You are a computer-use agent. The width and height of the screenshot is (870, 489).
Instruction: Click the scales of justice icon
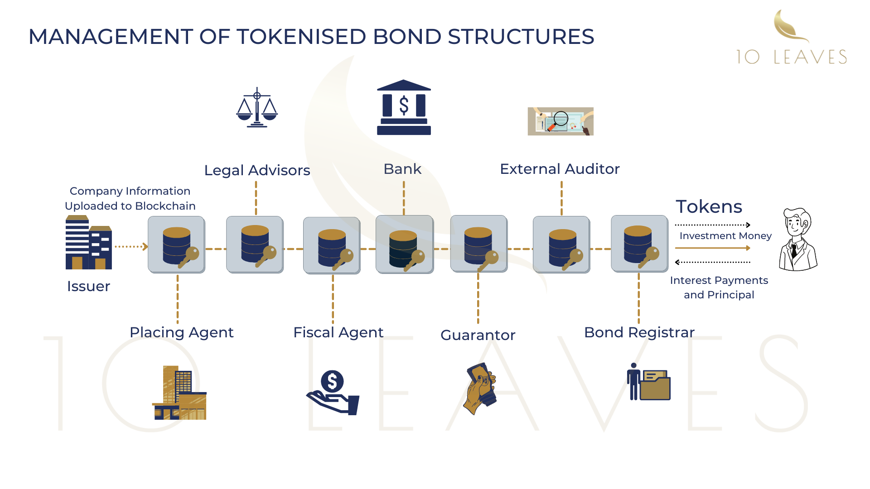pyautogui.click(x=257, y=108)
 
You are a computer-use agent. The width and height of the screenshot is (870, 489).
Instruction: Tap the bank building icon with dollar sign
pyautogui.click(x=404, y=108)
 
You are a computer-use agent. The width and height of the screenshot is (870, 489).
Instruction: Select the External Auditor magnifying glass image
pyautogui.click(x=561, y=121)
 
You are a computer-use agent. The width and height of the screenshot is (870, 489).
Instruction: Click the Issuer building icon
pyautogui.click(x=88, y=243)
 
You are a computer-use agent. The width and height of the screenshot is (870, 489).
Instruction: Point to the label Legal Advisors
pyautogui.click(x=257, y=170)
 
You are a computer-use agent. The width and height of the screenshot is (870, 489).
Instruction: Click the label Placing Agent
pyautogui.click(x=181, y=332)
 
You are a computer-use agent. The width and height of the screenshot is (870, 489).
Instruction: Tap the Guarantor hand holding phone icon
pyautogui.click(x=480, y=388)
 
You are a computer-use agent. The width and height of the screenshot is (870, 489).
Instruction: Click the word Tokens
pyautogui.click(x=709, y=206)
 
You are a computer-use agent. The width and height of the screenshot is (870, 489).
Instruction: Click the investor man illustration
pyautogui.click(x=798, y=240)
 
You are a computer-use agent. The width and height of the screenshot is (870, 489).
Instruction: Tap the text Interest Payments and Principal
pyautogui.click(x=719, y=288)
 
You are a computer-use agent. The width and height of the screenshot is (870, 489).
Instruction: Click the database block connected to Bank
pyautogui.click(x=404, y=244)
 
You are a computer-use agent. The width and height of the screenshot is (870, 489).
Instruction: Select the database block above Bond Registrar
pyautogui.click(x=639, y=244)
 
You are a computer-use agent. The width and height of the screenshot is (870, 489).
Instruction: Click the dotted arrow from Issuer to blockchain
pyautogui.click(x=131, y=247)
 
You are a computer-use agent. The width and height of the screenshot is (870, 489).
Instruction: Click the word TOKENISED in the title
pyautogui.click(x=301, y=37)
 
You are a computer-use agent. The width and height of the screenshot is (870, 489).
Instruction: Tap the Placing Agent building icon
pyautogui.click(x=179, y=393)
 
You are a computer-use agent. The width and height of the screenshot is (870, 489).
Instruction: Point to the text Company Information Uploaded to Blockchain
pyautogui.click(x=130, y=198)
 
